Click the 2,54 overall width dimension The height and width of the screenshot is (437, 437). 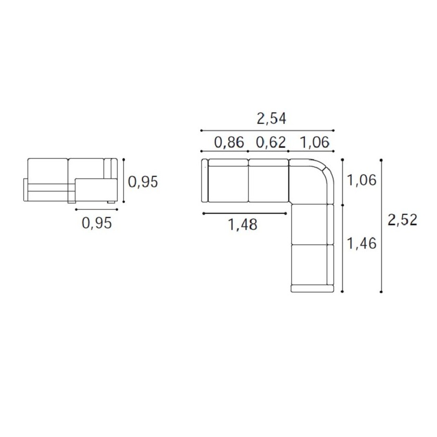pyautogui.click(x=271, y=119)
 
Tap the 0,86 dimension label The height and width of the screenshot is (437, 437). pyautogui.click(x=229, y=143)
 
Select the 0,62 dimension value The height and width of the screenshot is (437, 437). pyautogui.click(x=271, y=143)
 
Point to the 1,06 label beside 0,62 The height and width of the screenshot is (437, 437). pyautogui.click(x=315, y=143)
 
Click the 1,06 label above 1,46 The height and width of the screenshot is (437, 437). pyautogui.click(x=362, y=180)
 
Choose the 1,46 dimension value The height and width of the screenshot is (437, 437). pyautogui.click(x=362, y=243)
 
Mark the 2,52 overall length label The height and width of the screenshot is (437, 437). pyautogui.click(x=403, y=220)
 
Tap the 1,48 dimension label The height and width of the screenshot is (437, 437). pyautogui.click(x=242, y=225)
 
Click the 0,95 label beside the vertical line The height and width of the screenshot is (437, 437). pyautogui.click(x=143, y=182)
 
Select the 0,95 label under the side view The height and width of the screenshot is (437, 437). pyautogui.click(x=97, y=223)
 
